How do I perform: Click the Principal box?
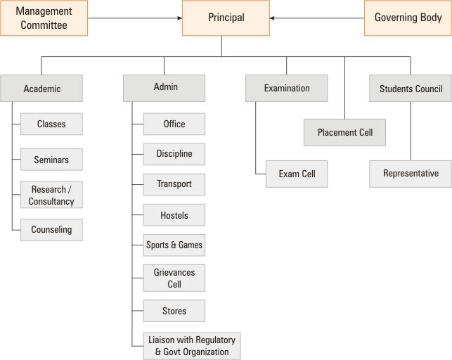coord(226,18)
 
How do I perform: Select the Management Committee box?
coord(44,18)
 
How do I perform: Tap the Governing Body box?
coord(408,18)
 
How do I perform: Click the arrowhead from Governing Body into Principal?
coord(272,18)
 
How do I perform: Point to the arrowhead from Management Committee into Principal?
coord(180,18)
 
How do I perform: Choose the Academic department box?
coord(41,88)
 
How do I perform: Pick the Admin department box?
coord(164,88)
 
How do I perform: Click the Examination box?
coord(287,88)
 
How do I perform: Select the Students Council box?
coord(411,88)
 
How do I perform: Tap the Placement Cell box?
coord(344,132)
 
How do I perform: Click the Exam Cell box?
coord(297,174)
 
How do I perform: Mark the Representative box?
coord(411,174)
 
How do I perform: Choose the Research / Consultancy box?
coord(51,195)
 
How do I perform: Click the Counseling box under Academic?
coord(51,230)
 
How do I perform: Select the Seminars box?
coord(51,160)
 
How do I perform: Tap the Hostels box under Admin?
coord(174,214)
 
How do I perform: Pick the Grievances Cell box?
coord(174,278)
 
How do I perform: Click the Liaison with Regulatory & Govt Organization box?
coord(192,346)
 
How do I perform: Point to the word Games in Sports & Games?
coord(191,245)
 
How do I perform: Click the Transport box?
coord(174,184)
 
